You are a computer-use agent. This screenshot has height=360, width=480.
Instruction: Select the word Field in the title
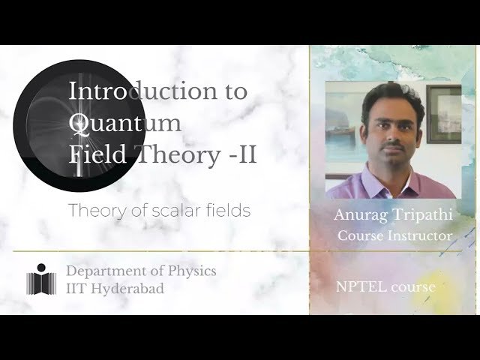point(91,155)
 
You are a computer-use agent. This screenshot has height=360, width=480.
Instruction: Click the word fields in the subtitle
point(228,211)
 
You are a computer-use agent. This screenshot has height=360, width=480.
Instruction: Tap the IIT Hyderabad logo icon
point(42,279)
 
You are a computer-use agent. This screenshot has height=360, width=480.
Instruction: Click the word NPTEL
point(356,286)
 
